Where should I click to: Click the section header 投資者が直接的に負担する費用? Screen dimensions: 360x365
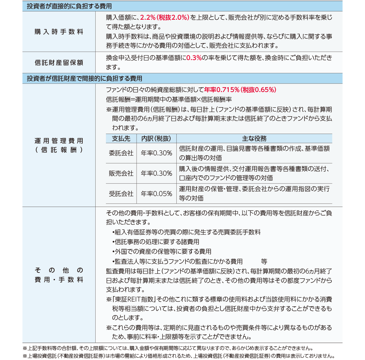[x=69, y=6]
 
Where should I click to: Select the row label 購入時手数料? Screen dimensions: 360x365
[x=59, y=32]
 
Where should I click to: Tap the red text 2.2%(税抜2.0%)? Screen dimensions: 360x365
[x=164, y=17]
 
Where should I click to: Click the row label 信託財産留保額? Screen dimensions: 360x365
[x=59, y=63]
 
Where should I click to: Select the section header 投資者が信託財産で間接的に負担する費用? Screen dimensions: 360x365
[x=84, y=78]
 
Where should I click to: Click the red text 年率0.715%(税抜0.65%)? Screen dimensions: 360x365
[x=240, y=90]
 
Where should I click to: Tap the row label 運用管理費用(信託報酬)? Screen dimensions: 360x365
[x=59, y=145]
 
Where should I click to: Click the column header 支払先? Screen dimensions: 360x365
[x=121, y=139]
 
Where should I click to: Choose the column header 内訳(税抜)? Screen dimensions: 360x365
[x=156, y=139]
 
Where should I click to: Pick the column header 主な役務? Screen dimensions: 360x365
[x=254, y=139]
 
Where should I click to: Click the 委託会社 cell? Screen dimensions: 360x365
[x=121, y=153]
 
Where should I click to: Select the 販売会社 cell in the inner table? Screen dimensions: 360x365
[x=121, y=173]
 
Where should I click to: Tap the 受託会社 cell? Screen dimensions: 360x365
[x=121, y=194]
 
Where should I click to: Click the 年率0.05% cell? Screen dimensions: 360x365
[x=156, y=194]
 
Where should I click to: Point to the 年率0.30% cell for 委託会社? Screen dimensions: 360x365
[x=156, y=153]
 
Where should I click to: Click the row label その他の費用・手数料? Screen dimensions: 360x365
[x=59, y=275]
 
